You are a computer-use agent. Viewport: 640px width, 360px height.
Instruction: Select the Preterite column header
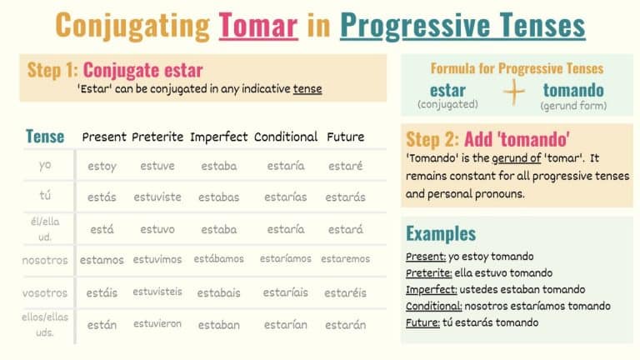(x=157, y=137)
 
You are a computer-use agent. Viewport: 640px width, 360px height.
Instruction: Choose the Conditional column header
(x=286, y=137)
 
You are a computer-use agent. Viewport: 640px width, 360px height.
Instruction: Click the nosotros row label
(x=45, y=260)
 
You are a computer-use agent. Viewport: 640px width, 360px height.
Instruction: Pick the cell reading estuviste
(x=157, y=197)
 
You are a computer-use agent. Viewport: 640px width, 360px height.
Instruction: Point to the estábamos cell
(x=219, y=259)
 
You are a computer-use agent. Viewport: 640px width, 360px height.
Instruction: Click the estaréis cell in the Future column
(x=345, y=292)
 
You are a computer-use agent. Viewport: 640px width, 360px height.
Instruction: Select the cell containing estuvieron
(x=157, y=323)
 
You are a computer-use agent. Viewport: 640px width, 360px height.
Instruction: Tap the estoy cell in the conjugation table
(x=102, y=166)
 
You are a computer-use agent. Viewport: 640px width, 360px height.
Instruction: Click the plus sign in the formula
(x=515, y=92)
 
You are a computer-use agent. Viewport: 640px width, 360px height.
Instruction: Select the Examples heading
(x=441, y=232)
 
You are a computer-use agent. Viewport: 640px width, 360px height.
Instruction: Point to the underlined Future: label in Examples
(x=422, y=322)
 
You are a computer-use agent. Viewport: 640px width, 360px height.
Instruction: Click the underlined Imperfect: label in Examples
(x=431, y=289)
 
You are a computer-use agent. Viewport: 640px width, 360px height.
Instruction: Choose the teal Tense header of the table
(x=45, y=136)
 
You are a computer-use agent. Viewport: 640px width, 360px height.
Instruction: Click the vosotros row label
(x=45, y=292)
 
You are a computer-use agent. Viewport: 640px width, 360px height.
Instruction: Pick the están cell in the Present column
(x=102, y=325)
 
